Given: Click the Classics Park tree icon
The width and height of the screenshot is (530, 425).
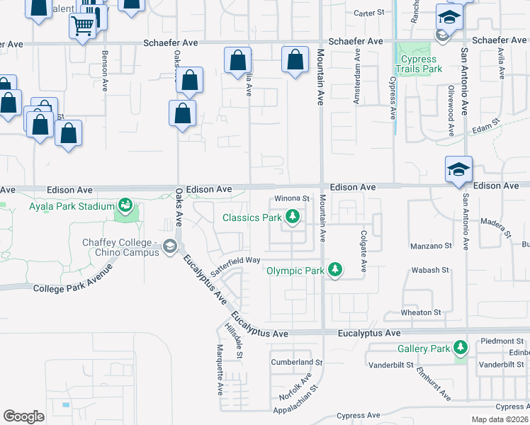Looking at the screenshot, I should [291, 217].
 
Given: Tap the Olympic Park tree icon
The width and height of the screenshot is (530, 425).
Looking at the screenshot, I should [335, 271].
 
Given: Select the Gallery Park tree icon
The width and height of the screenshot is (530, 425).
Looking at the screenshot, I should [461, 348].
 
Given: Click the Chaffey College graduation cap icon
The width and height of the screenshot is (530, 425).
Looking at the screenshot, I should [169, 246].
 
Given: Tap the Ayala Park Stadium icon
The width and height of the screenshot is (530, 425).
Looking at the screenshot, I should [125, 206].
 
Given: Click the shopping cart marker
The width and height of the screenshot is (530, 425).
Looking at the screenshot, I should [83, 27].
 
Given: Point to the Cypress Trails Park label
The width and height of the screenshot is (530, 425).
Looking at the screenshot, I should [421, 64].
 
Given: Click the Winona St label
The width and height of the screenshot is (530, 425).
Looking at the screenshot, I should [293, 198].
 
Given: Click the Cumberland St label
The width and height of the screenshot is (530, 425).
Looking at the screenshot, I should [296, 362].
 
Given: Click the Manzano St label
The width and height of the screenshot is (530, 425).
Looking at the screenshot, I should [432, 246].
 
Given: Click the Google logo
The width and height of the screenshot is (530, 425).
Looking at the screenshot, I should [23, 416].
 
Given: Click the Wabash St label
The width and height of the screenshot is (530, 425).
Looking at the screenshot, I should [431, 270].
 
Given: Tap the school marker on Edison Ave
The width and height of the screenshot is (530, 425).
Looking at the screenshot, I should [458, 169].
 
